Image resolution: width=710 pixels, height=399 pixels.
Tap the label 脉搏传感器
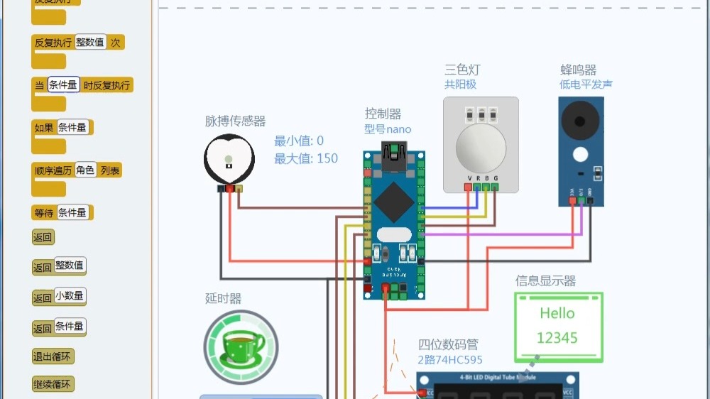(235, 121)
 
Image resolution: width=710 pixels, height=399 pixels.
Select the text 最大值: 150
(306, 158)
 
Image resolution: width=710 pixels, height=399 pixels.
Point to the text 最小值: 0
(299, 141)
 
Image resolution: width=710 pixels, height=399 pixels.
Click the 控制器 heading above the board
(383, 114)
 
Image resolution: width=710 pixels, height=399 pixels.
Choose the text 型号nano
(388, 129)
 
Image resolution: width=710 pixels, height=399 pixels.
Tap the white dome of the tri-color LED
(481, 146)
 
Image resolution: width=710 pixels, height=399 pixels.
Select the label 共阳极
(460, 84)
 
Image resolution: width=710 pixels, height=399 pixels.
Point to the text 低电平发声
(586, 84)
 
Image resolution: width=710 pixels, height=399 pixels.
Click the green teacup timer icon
(241, 347)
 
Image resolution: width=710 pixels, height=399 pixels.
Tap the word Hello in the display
(557, 313)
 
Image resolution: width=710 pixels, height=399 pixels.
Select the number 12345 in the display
(557, 338)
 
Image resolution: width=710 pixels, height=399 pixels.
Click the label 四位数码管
(448, 345)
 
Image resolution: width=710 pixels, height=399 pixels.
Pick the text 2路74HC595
(450, 360)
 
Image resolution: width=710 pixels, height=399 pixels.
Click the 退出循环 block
(53, 356)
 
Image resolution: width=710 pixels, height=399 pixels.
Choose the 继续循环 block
(53, 385)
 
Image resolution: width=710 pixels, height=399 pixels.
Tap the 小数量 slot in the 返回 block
(70, 296)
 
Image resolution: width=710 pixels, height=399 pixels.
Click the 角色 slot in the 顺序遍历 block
(85, 170)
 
